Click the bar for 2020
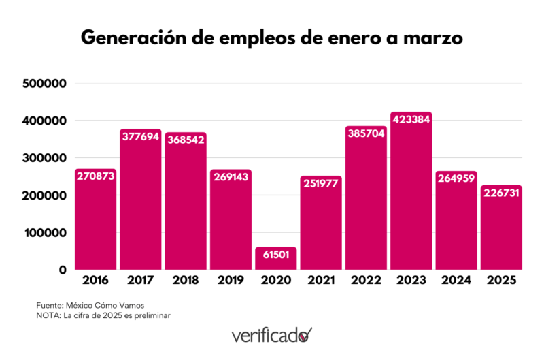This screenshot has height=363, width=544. pyautogui.click(x=275, y=259)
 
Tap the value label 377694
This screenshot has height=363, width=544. pyautogui.click(x=141, y=136)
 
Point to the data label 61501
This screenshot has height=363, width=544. pyautogui.click(x=275, y=255)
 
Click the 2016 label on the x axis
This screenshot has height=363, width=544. pyautogui.click(x=95, y=280)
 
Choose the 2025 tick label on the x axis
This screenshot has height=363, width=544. pyautogui.click(x=501, y=280)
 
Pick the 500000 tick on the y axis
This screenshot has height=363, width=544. pyautogui.click(x=44, y=84)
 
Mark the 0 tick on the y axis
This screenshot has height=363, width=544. pyautogui.click(x=62, y=270)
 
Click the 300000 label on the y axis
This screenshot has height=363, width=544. pyautogui.click(x=44, y=158)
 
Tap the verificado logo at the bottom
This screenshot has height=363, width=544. pyautogui.click(x=272, y=335)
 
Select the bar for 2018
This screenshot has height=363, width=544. pyautogui.click(x=186, y=204)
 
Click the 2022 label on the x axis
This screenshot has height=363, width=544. pyautogui.click(x=366, y=280)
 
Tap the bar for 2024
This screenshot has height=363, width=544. pyautogui.click(x=456, y=225)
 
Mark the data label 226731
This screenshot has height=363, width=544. pyautogui.click(x=501, y=193)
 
